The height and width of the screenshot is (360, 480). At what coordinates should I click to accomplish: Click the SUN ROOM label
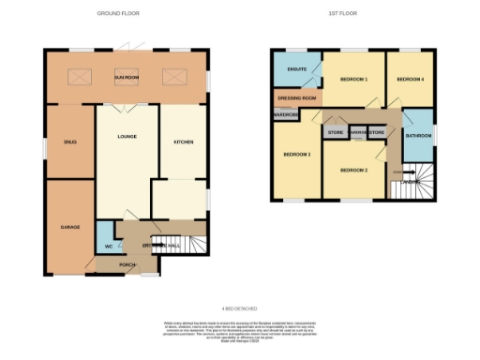(126, 77)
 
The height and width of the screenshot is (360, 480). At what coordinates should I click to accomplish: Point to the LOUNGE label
(127, 137)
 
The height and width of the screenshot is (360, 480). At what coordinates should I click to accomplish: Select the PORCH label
(127, 265)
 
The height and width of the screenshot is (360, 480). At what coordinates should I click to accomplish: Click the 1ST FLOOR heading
(341, 14)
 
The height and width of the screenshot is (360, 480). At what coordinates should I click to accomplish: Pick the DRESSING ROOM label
(297, 97)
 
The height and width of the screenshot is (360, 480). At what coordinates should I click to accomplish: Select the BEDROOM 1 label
(352, 80)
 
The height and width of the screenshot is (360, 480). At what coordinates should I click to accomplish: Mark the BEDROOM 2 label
(352, 170)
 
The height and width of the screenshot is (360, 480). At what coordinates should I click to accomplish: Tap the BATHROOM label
(417, 136)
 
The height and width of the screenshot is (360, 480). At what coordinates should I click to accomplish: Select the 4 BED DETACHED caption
(239, 307)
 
